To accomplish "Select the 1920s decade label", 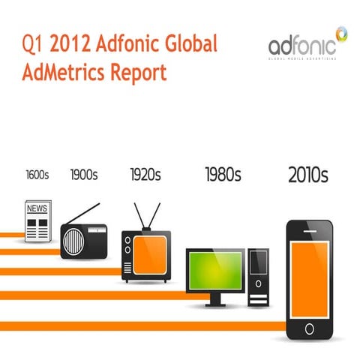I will [145, 175].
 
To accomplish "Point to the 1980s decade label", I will [223, 175].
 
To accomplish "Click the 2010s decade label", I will [308, 175].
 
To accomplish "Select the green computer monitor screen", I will [216, 271].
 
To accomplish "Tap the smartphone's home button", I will [310, 328].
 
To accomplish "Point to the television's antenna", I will [146, 214].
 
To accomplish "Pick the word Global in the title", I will [190, 44].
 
